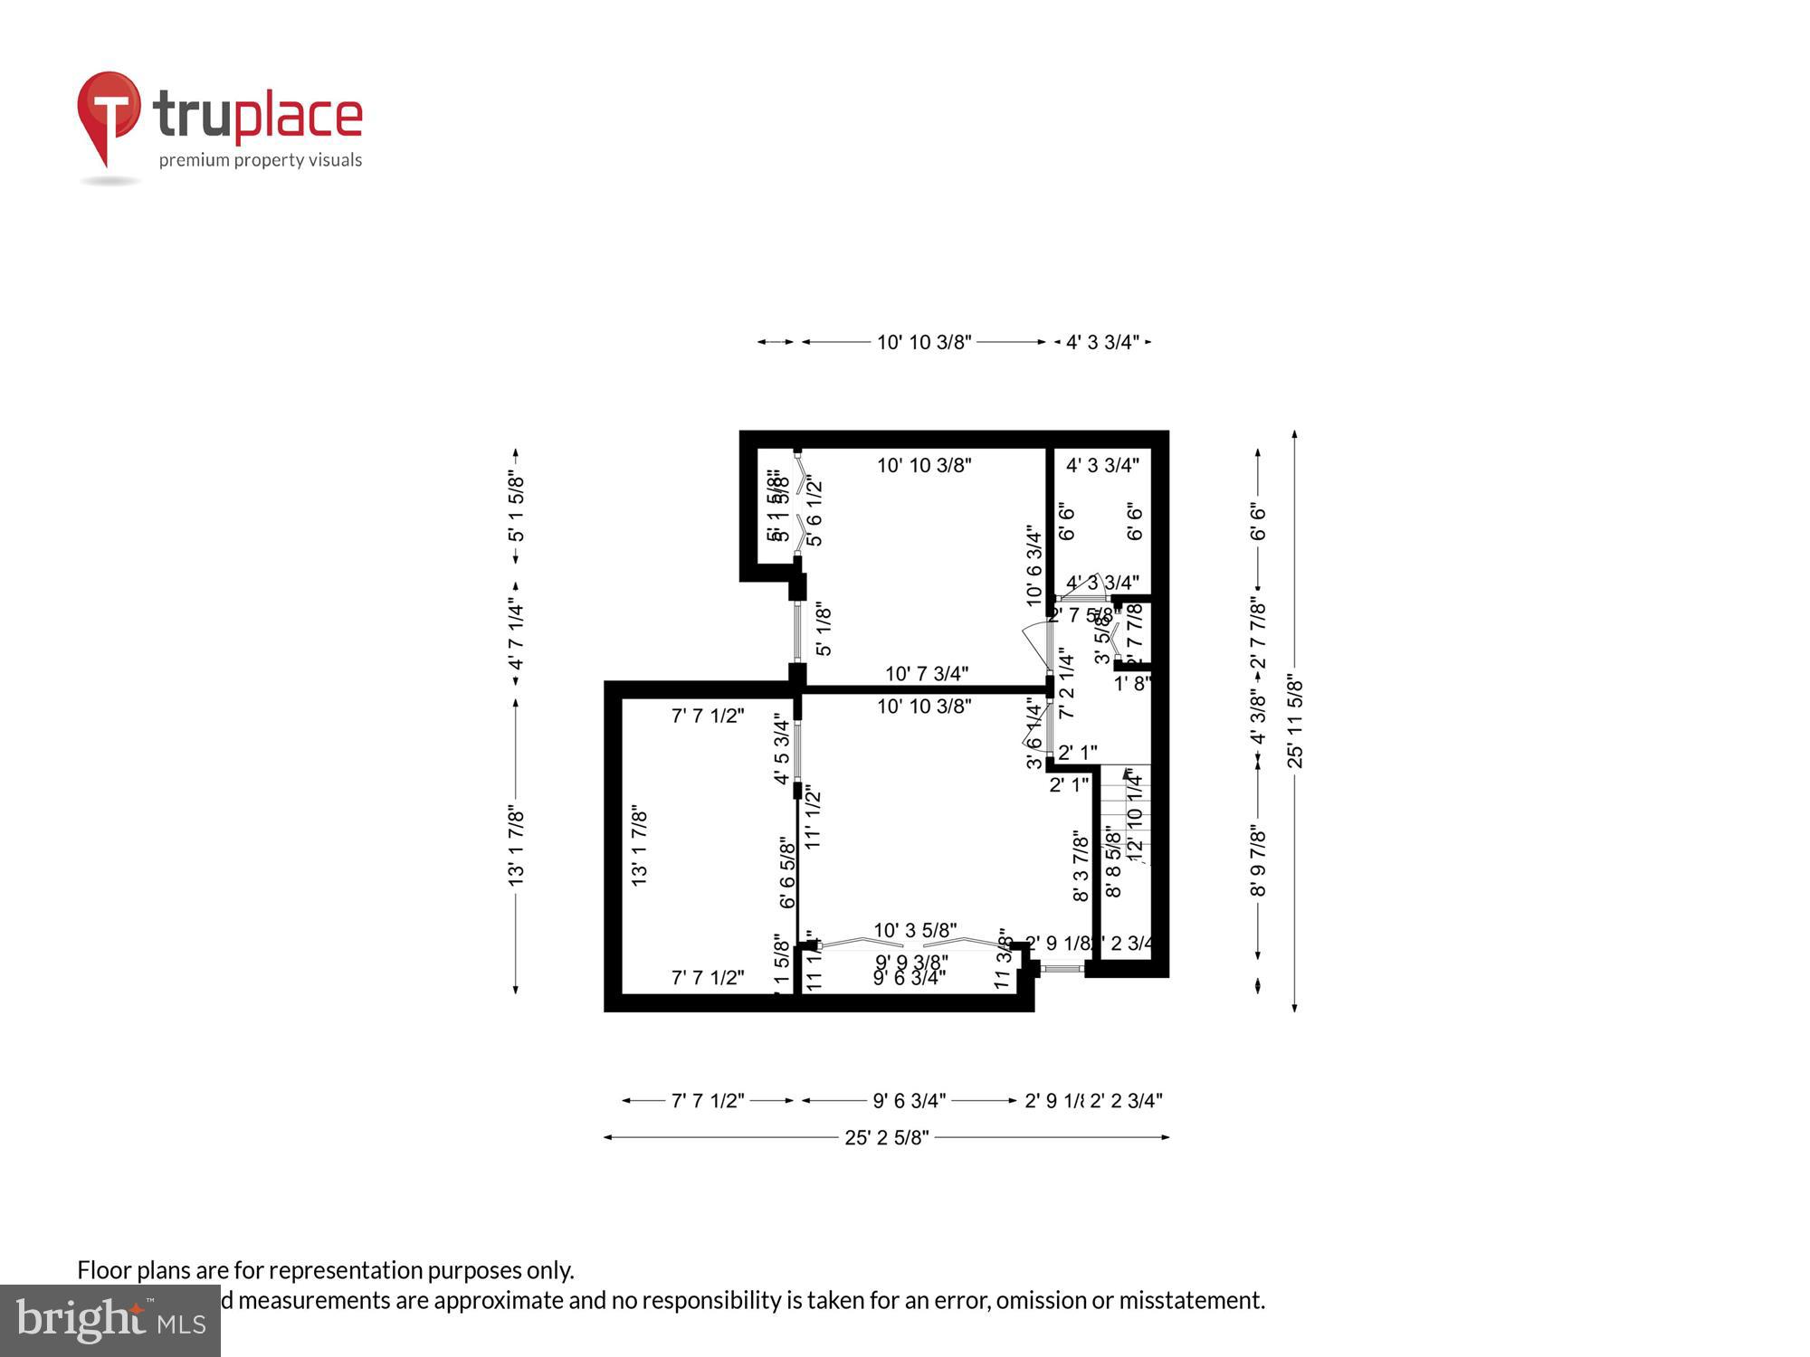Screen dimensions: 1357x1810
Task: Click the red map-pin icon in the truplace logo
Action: (109, 113)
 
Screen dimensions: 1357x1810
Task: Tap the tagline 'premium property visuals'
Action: (261, 160)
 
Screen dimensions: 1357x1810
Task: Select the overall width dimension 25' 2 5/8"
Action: (887, 1137)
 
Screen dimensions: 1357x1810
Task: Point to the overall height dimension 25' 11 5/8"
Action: (1295, 722)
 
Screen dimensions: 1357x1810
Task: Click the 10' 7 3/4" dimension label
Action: (926, 673)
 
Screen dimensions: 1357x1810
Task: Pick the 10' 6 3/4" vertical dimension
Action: (1034, 565)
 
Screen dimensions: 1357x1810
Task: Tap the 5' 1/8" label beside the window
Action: (823, 631)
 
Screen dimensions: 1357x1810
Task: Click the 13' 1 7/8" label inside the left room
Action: (639, 846)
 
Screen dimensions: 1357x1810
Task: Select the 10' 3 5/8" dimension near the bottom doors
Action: (914, 930)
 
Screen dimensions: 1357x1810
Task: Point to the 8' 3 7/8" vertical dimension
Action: (1081, 867)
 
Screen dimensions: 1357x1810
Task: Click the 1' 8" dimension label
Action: (1131, 684)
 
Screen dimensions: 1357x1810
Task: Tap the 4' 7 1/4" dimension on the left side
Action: (516, 633)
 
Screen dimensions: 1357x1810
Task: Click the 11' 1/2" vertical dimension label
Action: (813, 819)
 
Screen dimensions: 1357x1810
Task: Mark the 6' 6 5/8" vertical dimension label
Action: (787, 873)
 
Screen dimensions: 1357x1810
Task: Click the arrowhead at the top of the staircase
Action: (1129, 773)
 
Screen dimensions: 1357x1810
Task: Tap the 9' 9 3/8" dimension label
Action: (911, 962)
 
